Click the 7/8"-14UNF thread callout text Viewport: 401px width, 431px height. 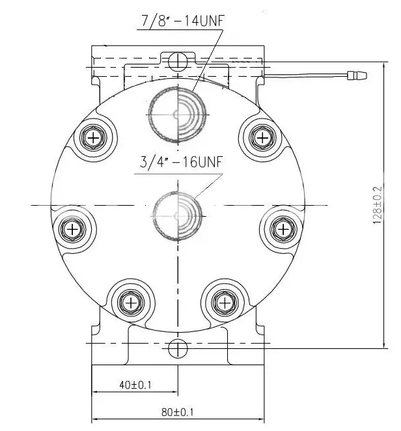tap(183, 21)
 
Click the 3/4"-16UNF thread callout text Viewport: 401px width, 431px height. tap(180, 162)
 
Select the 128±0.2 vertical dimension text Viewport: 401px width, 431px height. tap(378, 205)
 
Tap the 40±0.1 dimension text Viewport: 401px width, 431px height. tap(135, 385)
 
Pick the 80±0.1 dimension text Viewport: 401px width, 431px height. tap(177, 412)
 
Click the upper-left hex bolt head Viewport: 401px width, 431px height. tap(94, 137)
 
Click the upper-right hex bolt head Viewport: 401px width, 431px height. tap(263, 137)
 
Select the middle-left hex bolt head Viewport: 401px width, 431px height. tap(72, 229)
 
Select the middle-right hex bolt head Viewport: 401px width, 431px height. tap(283, 229)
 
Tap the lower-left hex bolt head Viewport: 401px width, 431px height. tap(131, 303)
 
